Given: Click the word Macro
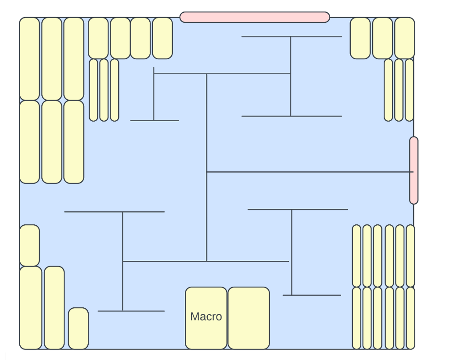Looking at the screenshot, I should click(x=206, y=317).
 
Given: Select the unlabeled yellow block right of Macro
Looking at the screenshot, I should click(x=248, y=318).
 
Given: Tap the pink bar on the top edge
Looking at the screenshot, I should click(x=255, y=17).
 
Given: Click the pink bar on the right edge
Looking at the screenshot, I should click(x=414, y=170).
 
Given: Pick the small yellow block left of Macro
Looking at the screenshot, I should click(x=78, y=328).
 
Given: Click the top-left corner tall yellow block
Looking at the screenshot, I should click(x=29, y=59).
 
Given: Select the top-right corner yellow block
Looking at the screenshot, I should click(x=404, y=38).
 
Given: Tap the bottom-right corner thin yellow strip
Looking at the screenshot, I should click(x=410, y=318).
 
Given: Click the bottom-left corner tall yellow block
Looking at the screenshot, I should click(x=30, y=308).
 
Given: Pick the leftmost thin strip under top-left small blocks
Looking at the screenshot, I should click(x=94, y=90).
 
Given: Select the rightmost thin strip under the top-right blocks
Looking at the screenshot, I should click(x=409, y=90).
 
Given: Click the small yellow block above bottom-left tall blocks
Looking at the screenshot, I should click(x=29, y=245).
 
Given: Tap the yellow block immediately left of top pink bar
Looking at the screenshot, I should click(x=162, y=38).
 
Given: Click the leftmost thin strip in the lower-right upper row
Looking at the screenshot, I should click(x=356, y=256).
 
